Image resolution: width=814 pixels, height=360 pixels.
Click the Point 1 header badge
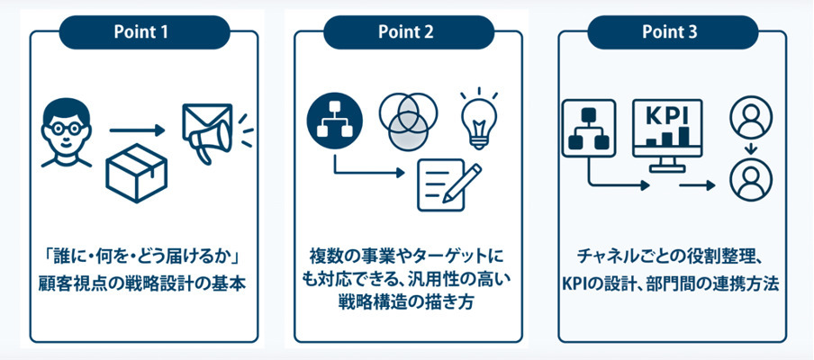pyautogui.click(x=140, y=31)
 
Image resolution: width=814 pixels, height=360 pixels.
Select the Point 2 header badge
pyautogui.click(x=406, y=31)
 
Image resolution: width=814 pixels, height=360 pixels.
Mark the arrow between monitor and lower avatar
pyautogui.click(x=698, y=185)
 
